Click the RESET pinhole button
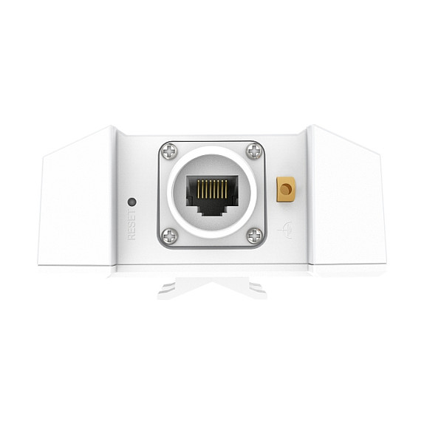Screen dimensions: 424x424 point(132,201)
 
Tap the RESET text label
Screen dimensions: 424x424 point(132,225)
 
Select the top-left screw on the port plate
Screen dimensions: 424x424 point(169,151)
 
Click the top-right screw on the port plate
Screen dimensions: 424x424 point(254,151)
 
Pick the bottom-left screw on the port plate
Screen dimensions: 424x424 point(169,236)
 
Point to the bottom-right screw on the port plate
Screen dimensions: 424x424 point(254,236)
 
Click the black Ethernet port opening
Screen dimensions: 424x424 point(212,196)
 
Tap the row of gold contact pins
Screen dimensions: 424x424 point(212,188)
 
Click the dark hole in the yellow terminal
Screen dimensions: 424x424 point(286,190)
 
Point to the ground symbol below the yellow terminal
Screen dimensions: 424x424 point(286,230)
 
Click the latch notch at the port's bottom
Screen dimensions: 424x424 point(212,210)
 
